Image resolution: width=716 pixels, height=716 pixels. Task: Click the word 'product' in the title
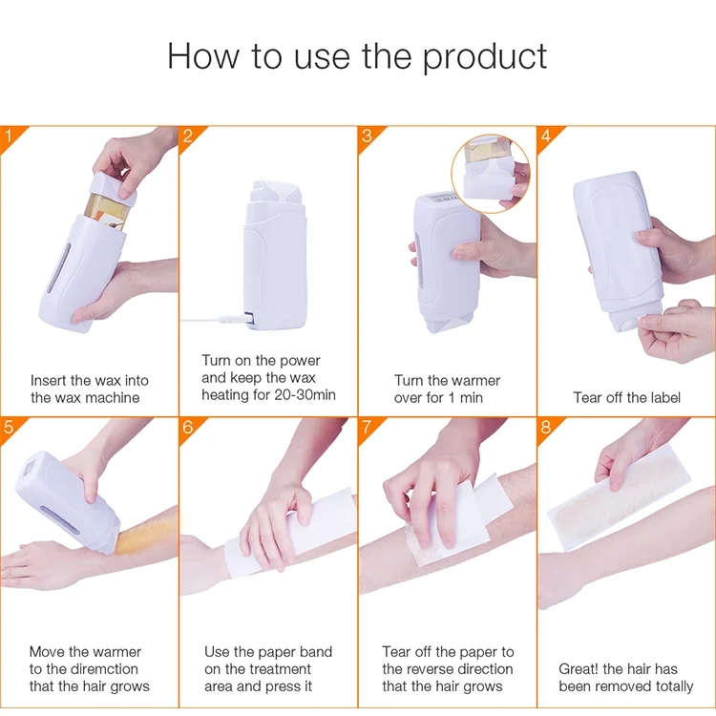click(485, 57)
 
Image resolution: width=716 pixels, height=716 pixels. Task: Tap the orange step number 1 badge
click(9, 136)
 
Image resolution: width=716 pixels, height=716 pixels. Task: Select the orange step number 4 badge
click(546, 136)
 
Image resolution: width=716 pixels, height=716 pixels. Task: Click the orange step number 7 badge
click(367, 427)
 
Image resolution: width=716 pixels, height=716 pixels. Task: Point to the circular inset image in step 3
click(491, 173)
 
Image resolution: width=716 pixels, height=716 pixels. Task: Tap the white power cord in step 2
click(210, 314)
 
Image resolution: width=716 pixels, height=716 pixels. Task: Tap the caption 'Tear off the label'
click(626, 397)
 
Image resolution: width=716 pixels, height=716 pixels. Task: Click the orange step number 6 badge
click(188, 427)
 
